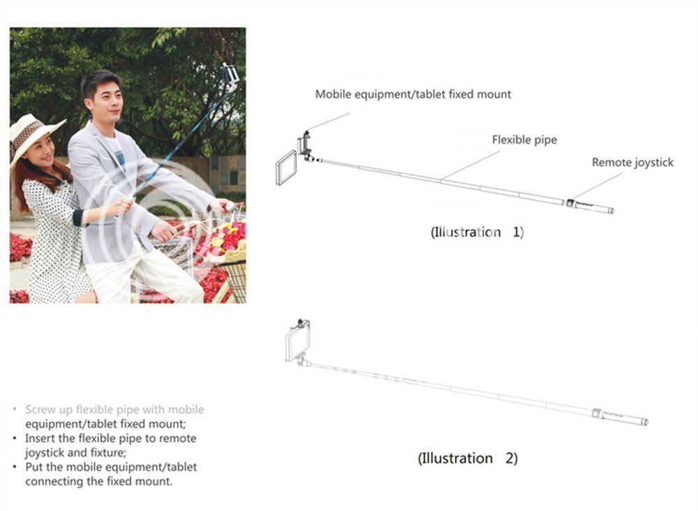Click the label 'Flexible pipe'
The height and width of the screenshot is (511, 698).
[x=524, y=140]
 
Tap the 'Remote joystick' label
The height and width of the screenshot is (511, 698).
[x=632, y=163]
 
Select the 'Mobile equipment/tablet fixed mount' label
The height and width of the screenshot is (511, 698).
[x=413, y=94]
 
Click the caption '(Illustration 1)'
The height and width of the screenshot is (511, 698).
[x=477, y=232]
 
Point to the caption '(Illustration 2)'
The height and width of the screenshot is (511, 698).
[x=468, y=458]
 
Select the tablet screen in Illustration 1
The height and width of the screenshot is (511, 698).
[x=286, y=168]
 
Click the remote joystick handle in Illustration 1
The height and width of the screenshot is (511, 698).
[x=591, y=206]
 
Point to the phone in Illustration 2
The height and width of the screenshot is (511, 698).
[x=297, y=343]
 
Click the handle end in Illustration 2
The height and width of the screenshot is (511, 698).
[x=620, y=417]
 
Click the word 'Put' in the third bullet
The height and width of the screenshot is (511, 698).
[x=34, y=467]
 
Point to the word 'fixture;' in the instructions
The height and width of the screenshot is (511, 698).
[x=108, y=452]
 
